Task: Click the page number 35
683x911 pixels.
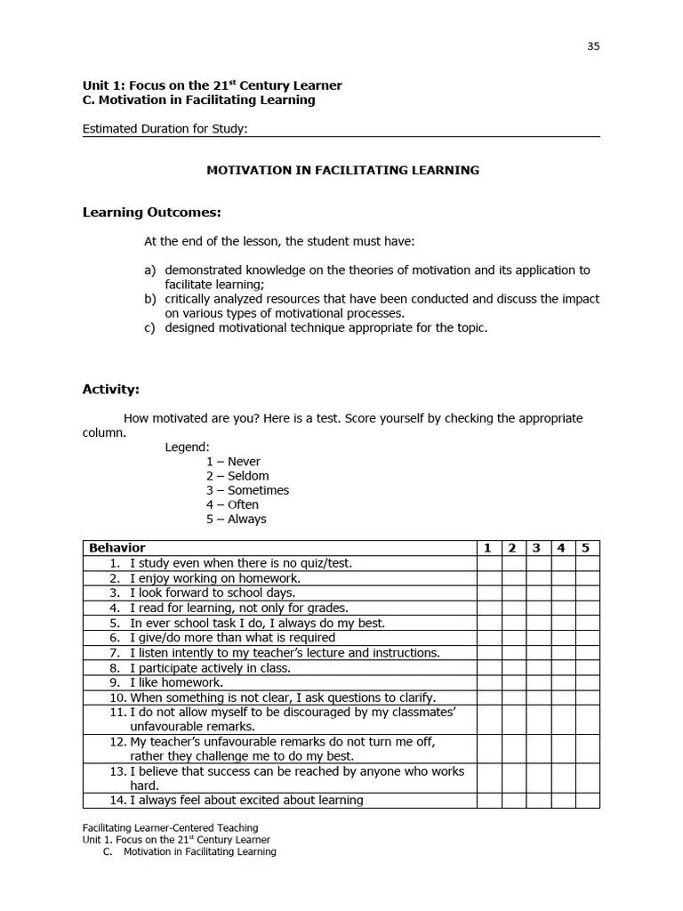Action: tap(593, 46)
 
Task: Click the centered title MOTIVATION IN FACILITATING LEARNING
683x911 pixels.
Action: tap(342, 170)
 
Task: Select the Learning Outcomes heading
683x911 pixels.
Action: tap(151, 212)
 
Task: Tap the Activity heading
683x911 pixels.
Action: tap(111, 389)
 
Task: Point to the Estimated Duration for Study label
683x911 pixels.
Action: tap(165, 129)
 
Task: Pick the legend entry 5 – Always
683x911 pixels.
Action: tap(236, 519)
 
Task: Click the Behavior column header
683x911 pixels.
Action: tap(117, 548)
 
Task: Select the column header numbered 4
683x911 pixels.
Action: tap(561, 548)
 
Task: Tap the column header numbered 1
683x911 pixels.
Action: tap(487, 548)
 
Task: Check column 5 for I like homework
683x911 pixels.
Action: tap(586, 682)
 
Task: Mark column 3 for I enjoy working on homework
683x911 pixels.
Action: tap(537, 578)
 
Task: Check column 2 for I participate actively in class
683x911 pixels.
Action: tap(512, 667)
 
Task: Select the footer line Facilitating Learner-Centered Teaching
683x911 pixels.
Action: tap(170, 827)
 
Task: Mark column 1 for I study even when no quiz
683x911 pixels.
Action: tap(488, 563)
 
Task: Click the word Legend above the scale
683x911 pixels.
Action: tap(187, 447)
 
